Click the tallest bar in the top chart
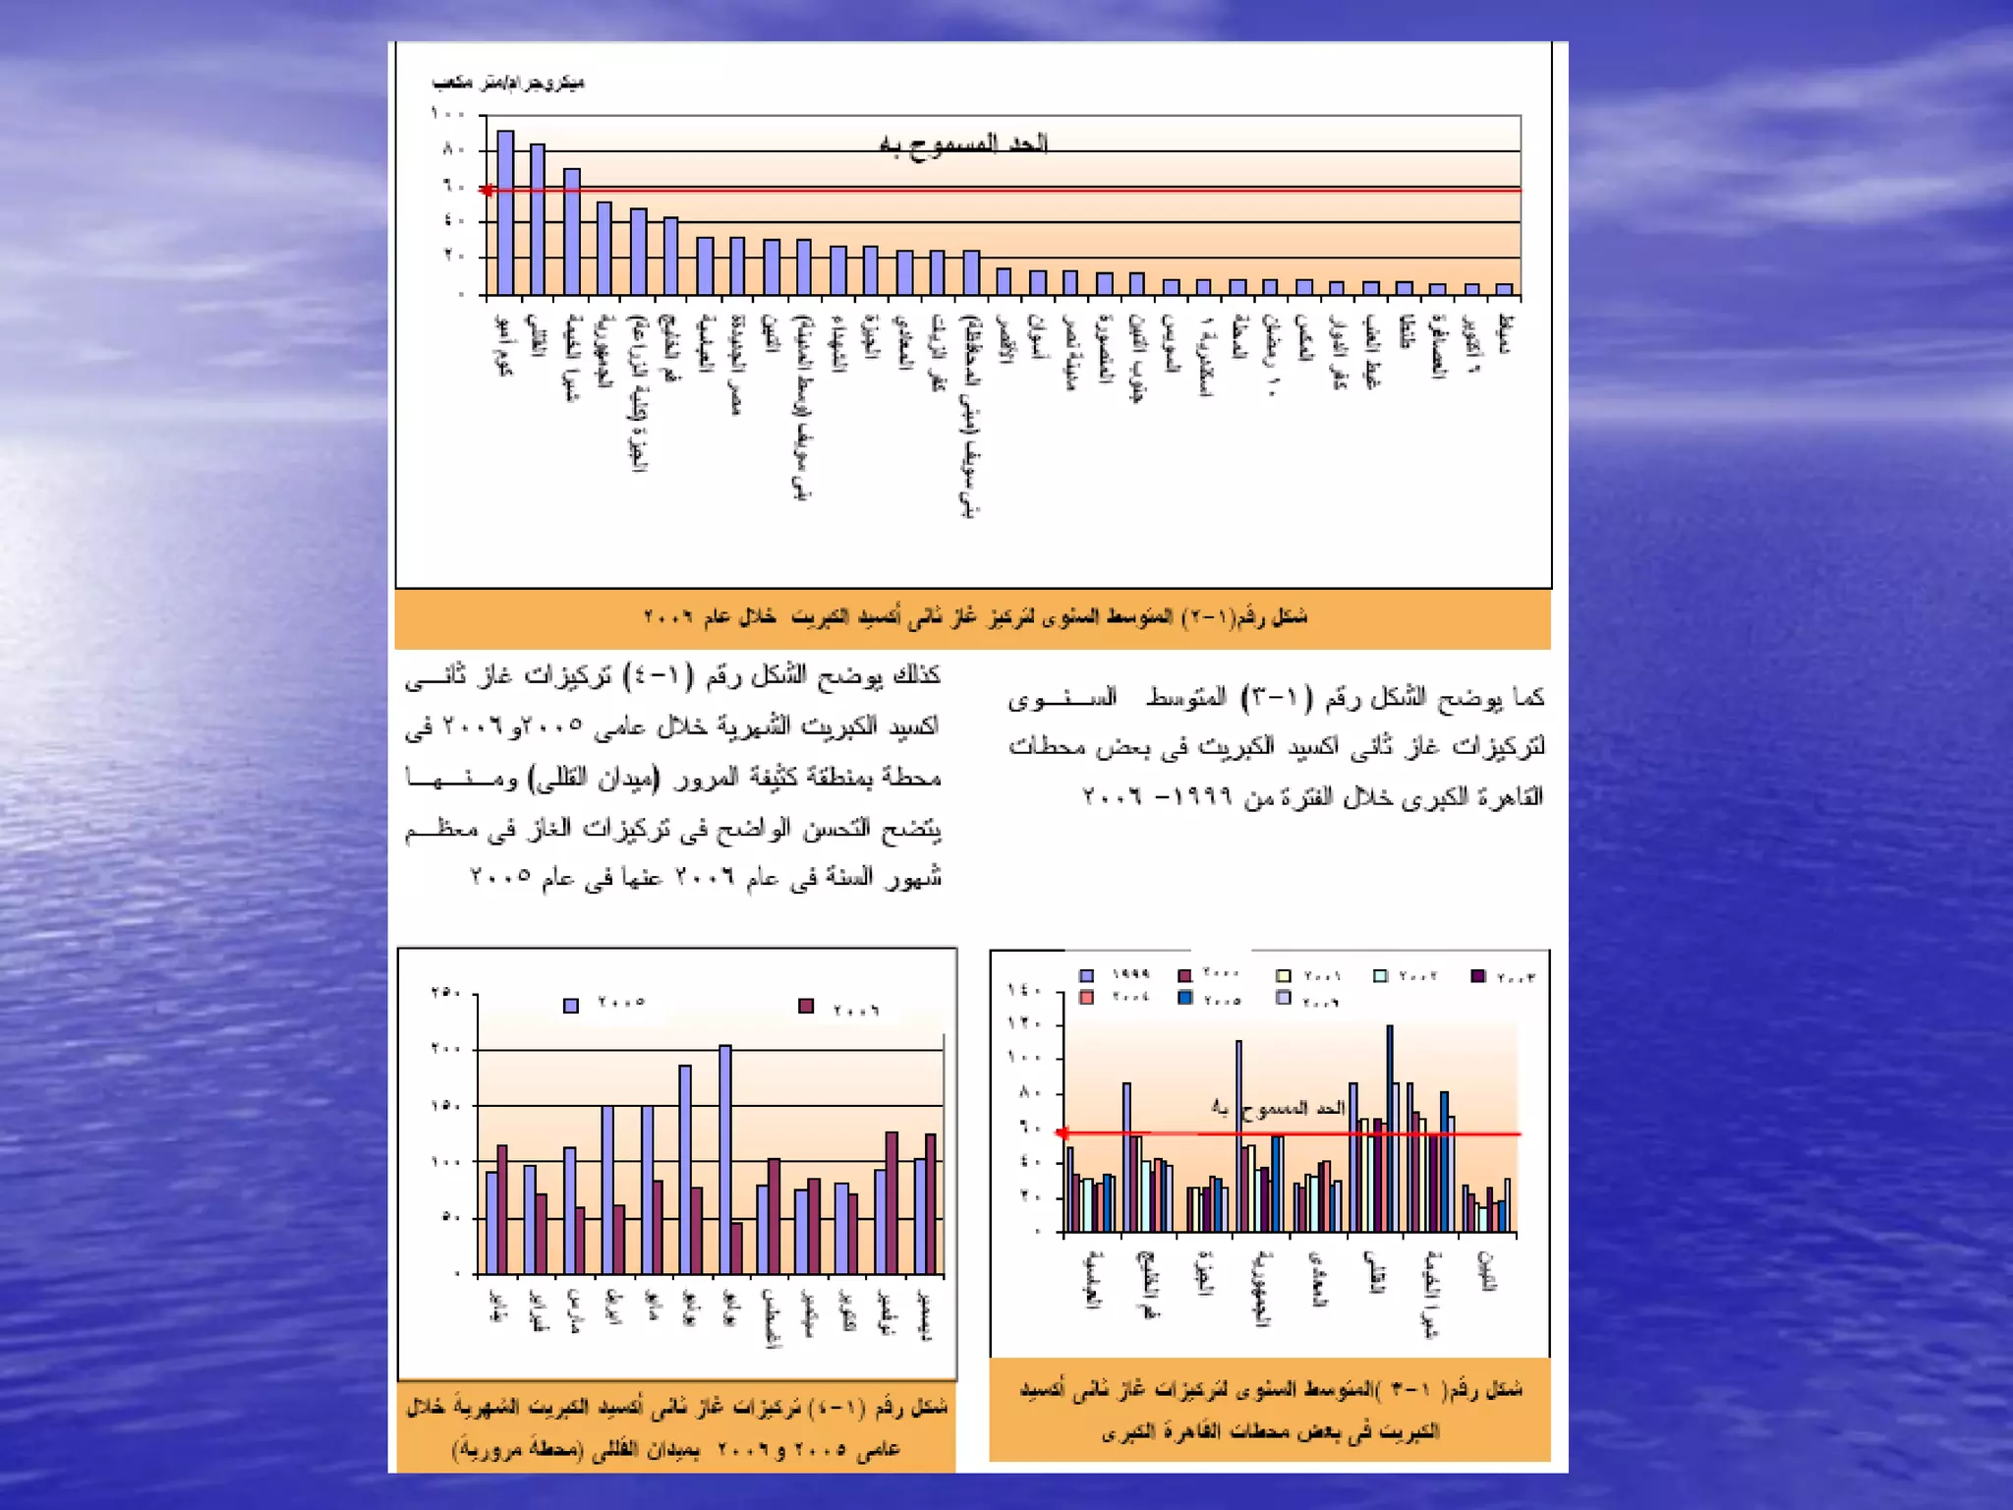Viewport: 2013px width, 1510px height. (505, 211)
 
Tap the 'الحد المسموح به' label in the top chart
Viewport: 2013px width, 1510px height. (963, 145)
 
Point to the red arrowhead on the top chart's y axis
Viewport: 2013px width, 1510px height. (487, 190)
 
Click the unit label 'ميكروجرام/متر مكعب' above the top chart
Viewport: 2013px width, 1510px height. (508, 83)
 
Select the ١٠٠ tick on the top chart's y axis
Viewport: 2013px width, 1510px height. (447, 114)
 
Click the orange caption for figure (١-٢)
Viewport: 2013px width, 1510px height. (973, 617)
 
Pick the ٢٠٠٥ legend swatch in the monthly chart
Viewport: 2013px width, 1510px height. (571, 1005)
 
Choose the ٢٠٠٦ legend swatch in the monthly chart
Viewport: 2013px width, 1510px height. (806, 1006)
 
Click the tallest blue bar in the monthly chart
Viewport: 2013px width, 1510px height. (725, 1160)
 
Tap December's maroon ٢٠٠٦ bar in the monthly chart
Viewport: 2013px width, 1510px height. (931, 1204)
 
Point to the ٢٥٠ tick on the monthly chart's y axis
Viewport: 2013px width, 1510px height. (446, 993)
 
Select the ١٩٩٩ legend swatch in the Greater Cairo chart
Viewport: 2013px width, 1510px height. (1086, 975)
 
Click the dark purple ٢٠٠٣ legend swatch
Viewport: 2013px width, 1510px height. (1477, 975)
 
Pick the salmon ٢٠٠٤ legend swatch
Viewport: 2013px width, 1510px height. (1086, 997)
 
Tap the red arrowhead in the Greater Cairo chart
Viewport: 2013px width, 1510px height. (1063, 1133)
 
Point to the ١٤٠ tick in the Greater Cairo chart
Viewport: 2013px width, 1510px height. (1023, 991)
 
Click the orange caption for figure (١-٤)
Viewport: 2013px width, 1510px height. (676, 1427)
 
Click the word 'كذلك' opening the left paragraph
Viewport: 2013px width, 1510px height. (915, 674)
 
